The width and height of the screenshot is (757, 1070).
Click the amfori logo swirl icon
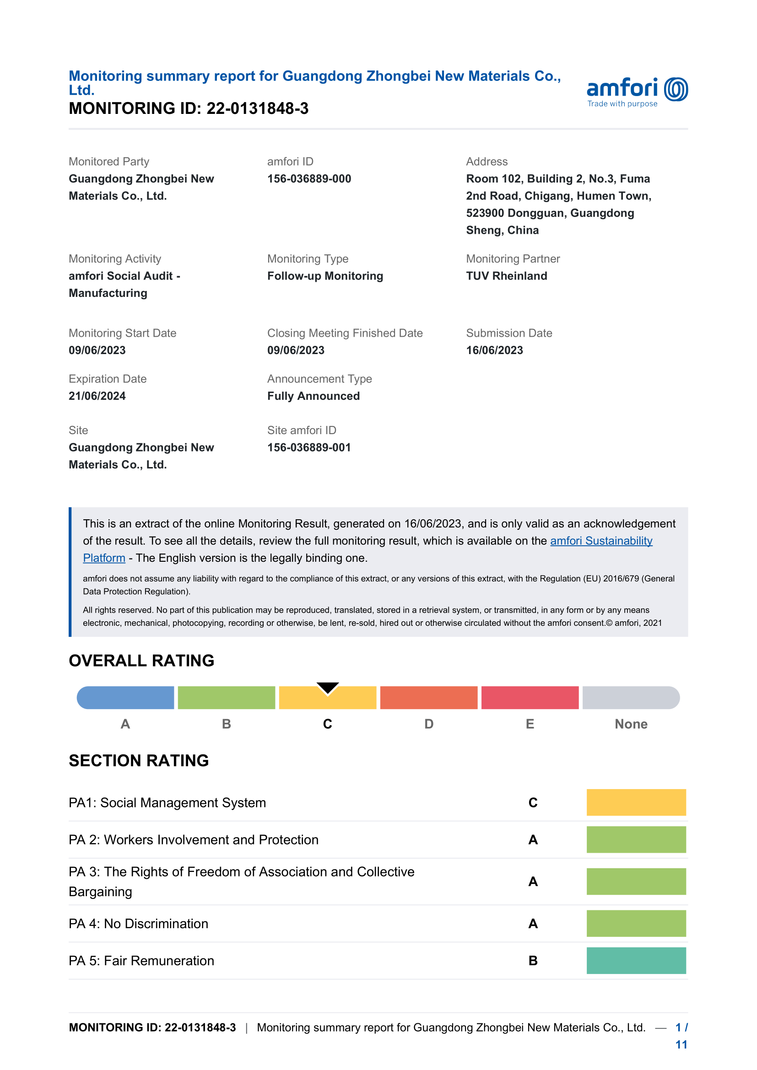tap(676, 89)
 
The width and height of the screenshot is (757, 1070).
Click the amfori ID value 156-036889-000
tap(309, 179)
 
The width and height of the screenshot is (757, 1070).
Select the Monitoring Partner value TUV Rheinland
tap(506, 276)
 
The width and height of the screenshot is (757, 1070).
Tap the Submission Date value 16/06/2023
tap(494, 350)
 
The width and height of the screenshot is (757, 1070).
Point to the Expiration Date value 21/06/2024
tap(97, 396)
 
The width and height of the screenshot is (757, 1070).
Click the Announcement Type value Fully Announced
tap(313, 396)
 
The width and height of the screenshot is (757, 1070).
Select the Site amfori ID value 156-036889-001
tap(308, 447)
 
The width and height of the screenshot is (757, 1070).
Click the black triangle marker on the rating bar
tap(328, 688)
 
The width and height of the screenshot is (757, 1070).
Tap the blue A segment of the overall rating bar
tap(125, 698)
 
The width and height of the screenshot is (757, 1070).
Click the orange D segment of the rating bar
tap(428, 698)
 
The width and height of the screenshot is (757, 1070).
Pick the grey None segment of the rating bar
tap(631, 698)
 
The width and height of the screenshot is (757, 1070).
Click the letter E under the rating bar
tap(530, 724)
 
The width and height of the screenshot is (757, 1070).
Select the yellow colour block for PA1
tap(636, 802)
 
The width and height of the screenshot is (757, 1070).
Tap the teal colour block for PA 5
tap(636, 961)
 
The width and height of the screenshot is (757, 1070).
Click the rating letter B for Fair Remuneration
tap(533, 961)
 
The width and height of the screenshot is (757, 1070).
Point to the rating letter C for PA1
tap(533, 803)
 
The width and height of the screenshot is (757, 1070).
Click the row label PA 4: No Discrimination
tap(138, 924)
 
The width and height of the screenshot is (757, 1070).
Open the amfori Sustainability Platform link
tap(601, 541)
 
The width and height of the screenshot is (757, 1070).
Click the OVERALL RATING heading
tap(141, 661)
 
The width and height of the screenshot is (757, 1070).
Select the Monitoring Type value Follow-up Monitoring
tap(325, 276)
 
